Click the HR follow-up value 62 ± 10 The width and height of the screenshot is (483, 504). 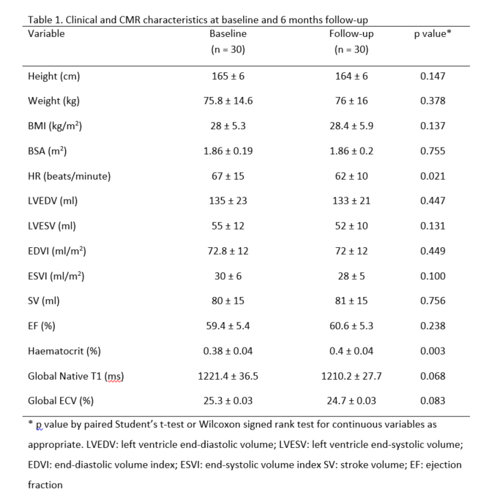click(353, 176)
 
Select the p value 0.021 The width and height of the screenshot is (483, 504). click(433, 176)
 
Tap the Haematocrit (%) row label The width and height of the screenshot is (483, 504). click(64, 351)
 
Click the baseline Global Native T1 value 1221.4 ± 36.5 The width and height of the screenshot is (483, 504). click(228, 376)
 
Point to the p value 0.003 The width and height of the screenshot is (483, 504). click(433, 351)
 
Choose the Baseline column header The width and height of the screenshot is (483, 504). click(228, 33)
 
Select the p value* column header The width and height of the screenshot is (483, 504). click(433, 33)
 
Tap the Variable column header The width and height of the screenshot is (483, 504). click(46, 33)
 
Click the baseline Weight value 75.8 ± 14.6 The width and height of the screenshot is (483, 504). click(228, 101)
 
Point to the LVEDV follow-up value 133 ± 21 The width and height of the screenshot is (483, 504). click(353, 201)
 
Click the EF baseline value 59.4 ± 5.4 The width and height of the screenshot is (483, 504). click(228, 326)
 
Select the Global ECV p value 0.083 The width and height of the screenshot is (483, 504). click(433, 401)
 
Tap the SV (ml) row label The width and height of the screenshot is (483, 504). click(45, 300)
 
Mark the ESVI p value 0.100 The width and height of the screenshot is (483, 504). click(433, 276)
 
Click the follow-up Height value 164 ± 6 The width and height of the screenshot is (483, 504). click(353, 76)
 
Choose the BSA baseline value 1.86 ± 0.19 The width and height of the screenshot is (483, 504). click(228, 151)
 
